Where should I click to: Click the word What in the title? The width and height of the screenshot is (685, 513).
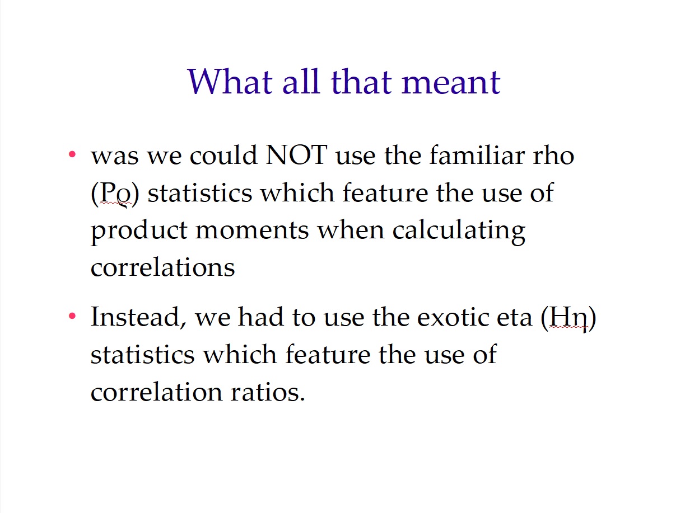point(230,81)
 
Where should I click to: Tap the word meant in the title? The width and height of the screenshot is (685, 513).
point(451,83)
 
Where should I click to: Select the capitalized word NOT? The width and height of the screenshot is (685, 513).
point(296,155)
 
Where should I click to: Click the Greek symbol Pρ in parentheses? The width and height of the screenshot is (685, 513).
point(115,194)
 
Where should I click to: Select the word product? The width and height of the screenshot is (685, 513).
point(139,232)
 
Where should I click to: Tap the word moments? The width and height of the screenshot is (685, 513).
point(252,231)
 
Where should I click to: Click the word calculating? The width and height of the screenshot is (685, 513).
point(459,232)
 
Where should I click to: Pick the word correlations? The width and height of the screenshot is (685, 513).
point(162,268)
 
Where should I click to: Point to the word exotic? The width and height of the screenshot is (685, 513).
point(453,317)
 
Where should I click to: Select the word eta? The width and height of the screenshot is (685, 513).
point(514,318)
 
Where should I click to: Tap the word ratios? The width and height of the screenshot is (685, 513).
point(267,392)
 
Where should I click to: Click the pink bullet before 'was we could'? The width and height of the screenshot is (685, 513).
point(72,154)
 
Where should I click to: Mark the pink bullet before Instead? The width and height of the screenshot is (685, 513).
point(72,316)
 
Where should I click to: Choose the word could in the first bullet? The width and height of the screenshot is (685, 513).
point(223,154)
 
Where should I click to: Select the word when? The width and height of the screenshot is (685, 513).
point(351,230)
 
